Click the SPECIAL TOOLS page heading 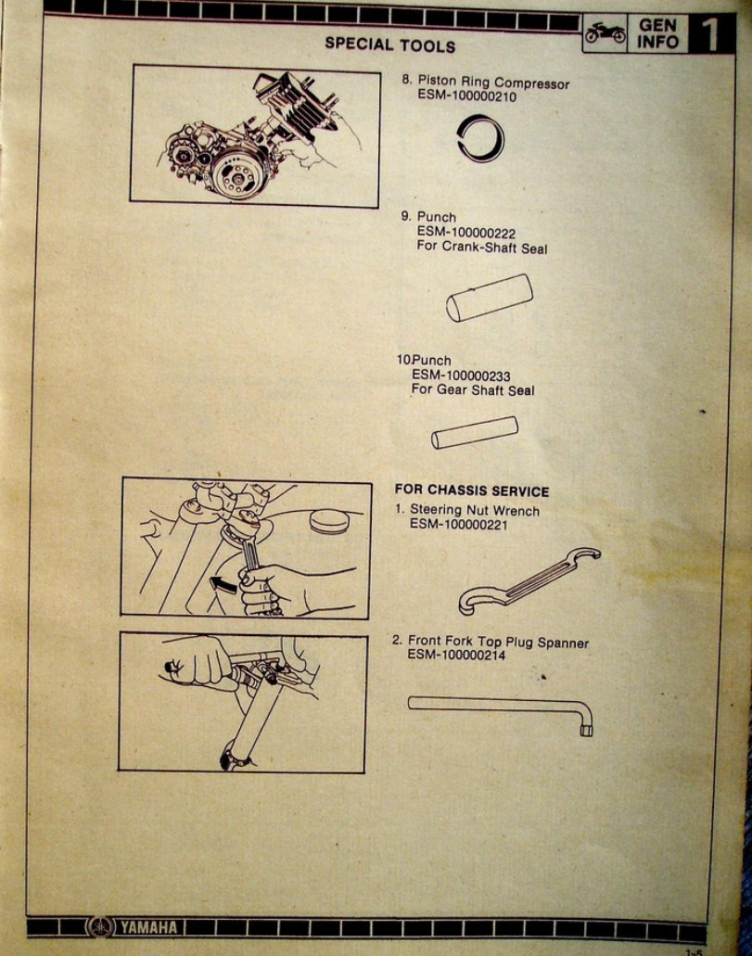(389, 45)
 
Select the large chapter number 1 (710, 33)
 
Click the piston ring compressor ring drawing (482, 137)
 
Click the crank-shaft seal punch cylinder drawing (490, 298)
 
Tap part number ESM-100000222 (466, 233)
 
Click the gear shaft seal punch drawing (476, 433)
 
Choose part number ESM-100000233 (461, 376)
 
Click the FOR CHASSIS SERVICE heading (472, 491)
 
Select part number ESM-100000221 (461, 524)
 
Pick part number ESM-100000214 (459, 656)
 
